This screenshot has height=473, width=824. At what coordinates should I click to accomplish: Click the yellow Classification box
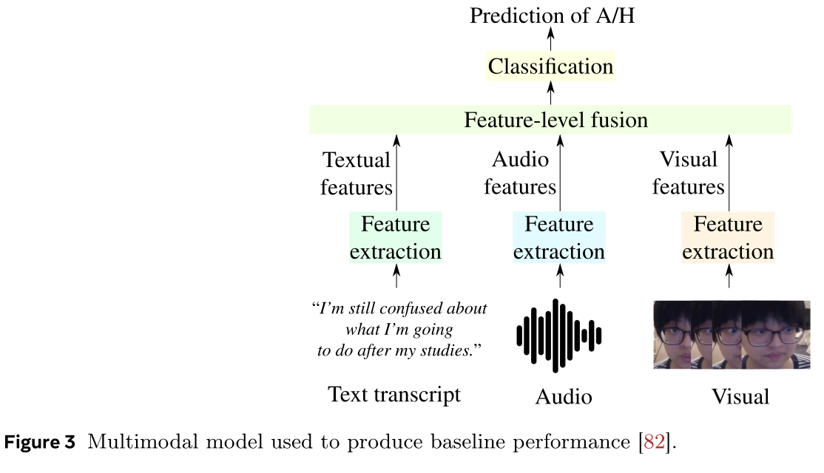pos(550,67)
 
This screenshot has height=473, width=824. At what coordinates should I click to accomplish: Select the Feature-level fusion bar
pos(550,120)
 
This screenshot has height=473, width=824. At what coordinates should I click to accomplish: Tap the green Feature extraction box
pos(396,238)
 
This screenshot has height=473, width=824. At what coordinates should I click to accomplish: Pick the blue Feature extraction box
pos(559,238)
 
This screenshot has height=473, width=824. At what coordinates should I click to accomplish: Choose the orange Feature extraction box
pos(728,238)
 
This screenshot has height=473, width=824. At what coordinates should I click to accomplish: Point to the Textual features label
pos(357,174)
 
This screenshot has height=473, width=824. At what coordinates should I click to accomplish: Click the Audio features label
pos(521,174)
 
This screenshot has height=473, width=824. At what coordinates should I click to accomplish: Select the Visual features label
pos(688,174)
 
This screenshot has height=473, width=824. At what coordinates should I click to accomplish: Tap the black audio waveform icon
pos(559,336)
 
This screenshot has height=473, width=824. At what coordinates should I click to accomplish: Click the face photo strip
pos(732,335)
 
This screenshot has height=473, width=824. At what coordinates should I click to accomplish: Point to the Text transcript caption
pos(394,395)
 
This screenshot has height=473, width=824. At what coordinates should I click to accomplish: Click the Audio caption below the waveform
pos(564,397)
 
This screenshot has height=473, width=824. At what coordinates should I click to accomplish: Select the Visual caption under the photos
pos(740,397)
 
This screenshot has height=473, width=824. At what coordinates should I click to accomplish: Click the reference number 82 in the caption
pos(654,443)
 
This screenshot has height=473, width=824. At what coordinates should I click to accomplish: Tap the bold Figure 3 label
pos(41,443)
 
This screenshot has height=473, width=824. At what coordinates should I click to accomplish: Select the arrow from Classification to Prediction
pos(550,40)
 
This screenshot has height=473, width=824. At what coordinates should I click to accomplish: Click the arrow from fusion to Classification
pos(550,93)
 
